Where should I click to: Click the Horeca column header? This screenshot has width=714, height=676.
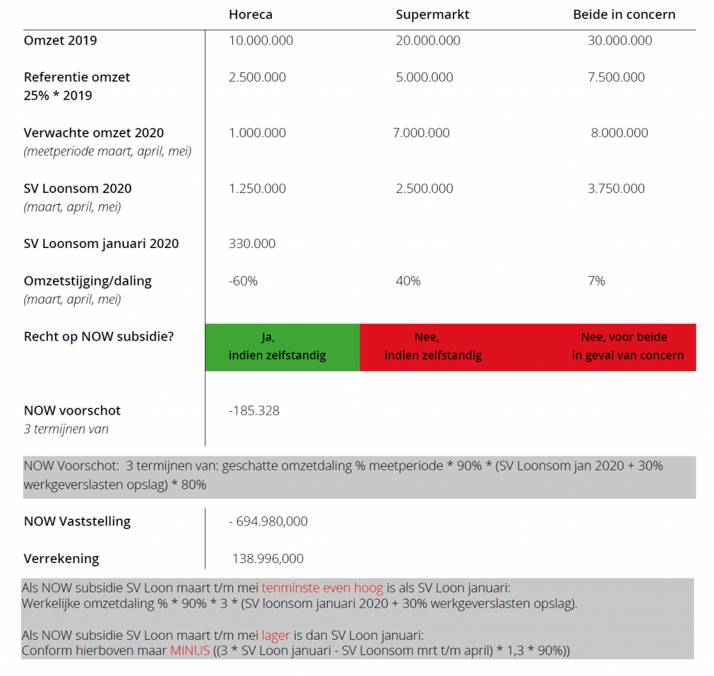250,14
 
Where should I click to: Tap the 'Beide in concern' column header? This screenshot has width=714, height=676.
624,14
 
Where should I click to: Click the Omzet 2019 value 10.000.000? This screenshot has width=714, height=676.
261,40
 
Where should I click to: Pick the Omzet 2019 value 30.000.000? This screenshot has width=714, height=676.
620,40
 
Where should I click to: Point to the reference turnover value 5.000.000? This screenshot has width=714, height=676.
425,77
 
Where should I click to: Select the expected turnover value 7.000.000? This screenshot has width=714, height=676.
421,132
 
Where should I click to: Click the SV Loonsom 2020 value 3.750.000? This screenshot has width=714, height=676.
616,188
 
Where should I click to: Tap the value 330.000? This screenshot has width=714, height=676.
252,243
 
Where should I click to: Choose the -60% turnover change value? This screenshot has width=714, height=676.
243,281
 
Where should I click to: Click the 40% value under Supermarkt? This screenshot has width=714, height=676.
408,281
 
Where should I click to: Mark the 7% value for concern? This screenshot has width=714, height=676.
596,281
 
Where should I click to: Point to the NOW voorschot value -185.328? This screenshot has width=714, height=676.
254,410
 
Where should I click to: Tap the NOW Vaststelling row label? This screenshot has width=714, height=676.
77,521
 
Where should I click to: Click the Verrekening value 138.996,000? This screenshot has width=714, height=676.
268,558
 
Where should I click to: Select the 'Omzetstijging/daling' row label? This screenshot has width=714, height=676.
87,281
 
